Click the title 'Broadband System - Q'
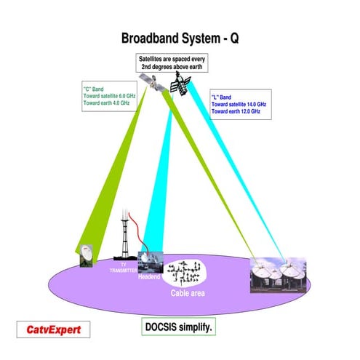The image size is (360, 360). click(179, 38)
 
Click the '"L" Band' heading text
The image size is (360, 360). click(222, 96)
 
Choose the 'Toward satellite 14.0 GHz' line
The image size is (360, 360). click(239, 105)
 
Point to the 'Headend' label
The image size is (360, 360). click(149, 276)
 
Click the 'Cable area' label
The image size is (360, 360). click(188, 293)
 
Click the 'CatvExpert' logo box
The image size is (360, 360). click(55, 330)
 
